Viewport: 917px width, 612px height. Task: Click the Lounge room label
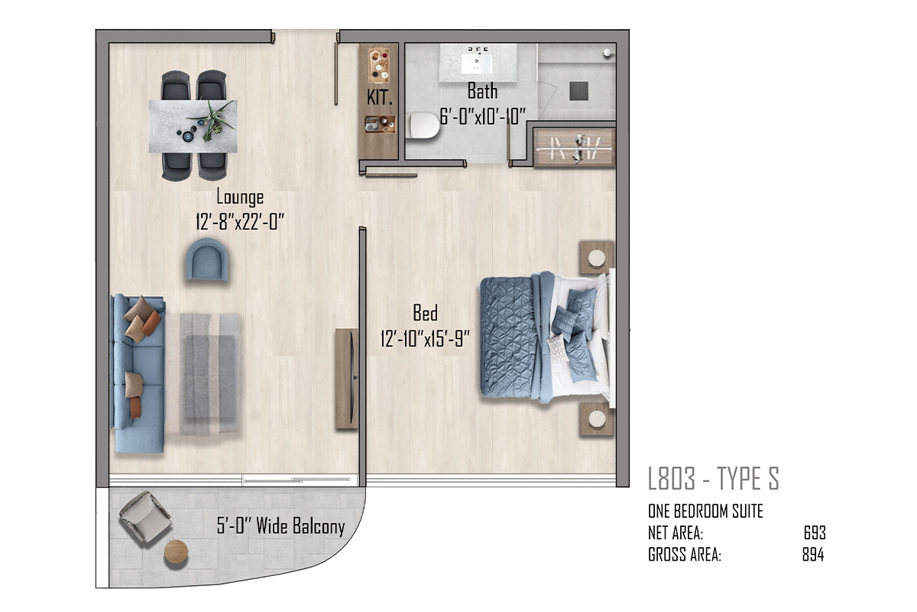[240, 197]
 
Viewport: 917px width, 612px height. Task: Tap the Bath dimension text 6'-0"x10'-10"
[483, 116]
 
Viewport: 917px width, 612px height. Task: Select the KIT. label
[380, 98]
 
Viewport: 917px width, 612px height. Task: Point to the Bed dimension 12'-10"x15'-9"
[425, 339]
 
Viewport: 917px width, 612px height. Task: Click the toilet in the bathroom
[424, 126]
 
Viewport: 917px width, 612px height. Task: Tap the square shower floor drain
[579, 90]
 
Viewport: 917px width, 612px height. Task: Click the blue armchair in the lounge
[207, 260]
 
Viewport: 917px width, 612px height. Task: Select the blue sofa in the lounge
[138, 373]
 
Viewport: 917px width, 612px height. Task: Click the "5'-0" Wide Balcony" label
[281, 526]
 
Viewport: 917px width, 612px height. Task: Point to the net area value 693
[815, 533]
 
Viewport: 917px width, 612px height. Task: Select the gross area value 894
[813, 555]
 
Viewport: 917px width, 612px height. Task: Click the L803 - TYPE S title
[714, 478]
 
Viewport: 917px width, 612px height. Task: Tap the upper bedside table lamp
[597, 259]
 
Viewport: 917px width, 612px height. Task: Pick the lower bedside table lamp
[597, 419]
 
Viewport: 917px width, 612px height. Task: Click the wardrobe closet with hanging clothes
[575, 148]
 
